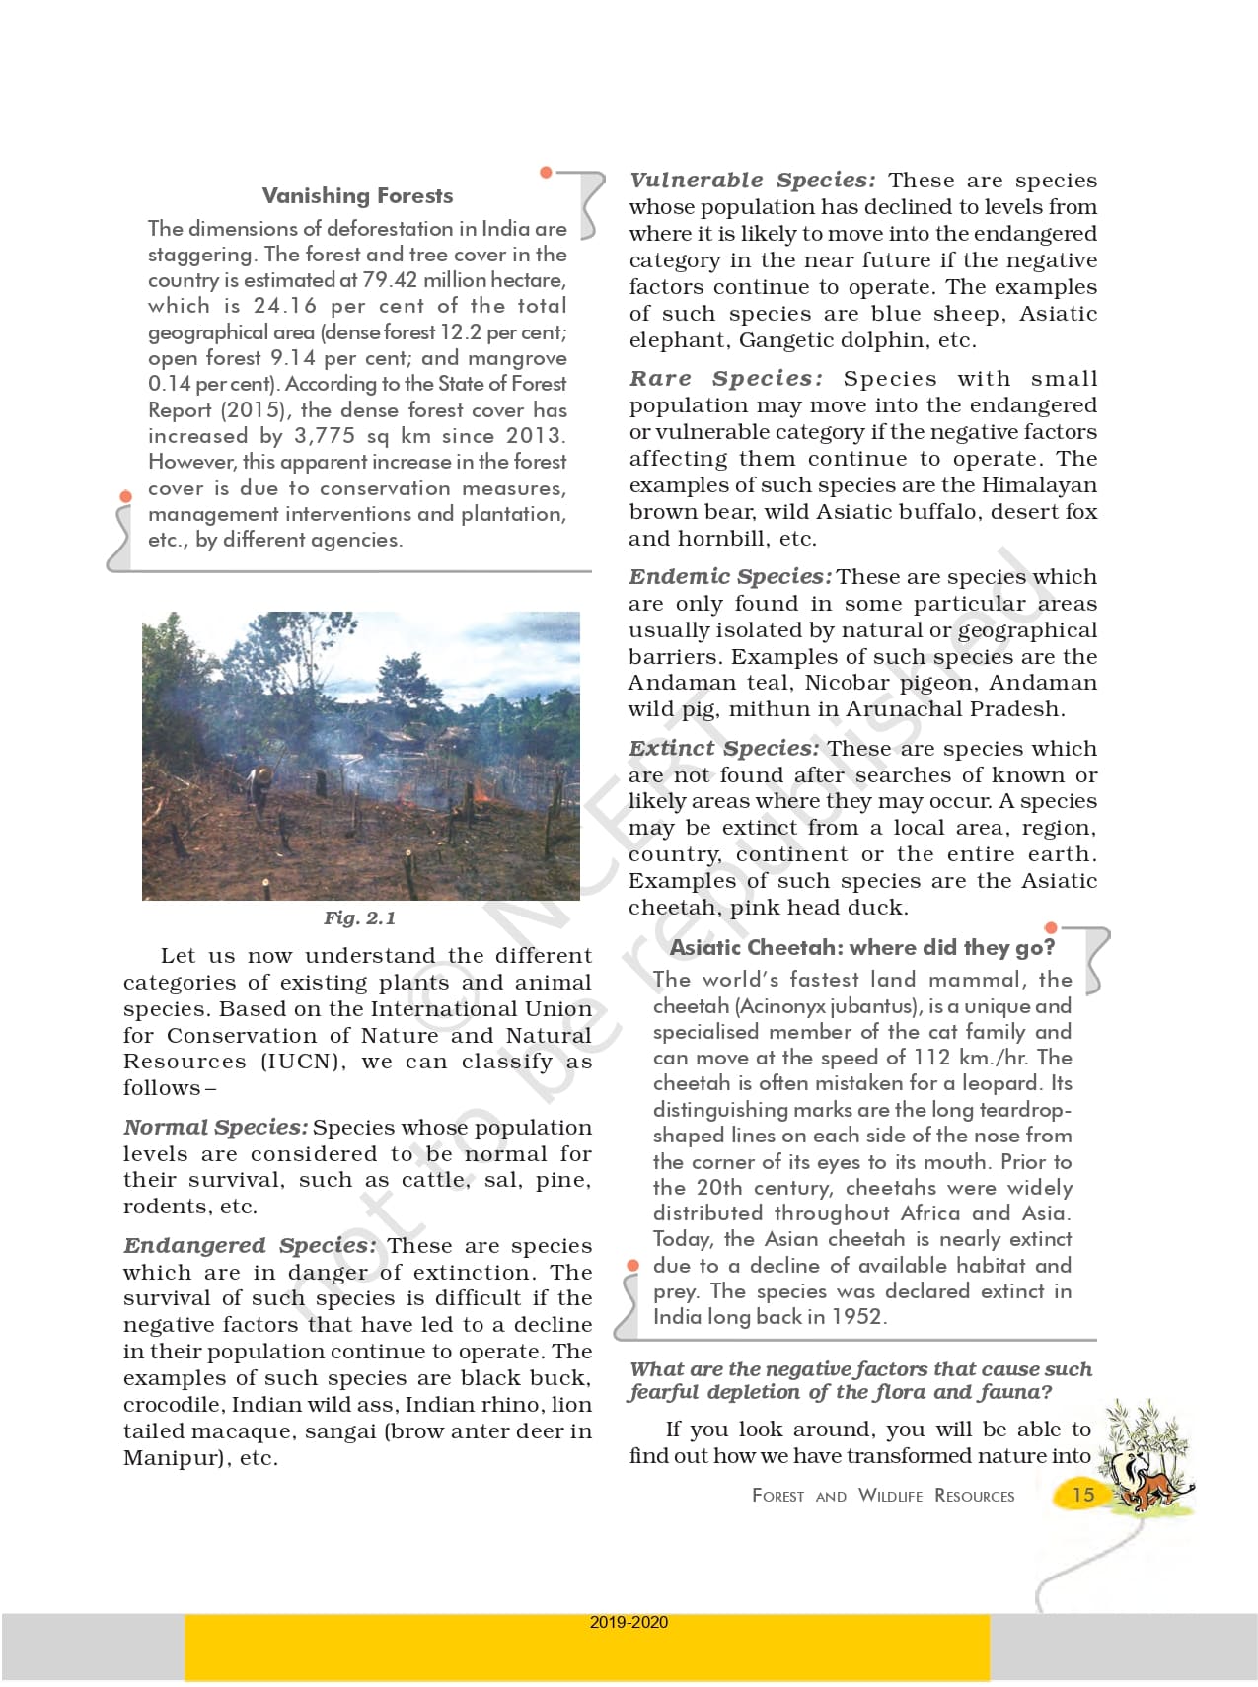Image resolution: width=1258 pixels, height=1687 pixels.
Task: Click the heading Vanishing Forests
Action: coord(357,196)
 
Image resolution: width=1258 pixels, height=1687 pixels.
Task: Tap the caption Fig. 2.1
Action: coord(359,918)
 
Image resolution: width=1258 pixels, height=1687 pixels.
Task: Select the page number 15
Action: coord(1083,1495)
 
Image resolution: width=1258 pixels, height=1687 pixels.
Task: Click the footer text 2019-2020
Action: coord(629,1622)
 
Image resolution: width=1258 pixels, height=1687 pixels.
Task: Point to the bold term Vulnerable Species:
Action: coord(752,181)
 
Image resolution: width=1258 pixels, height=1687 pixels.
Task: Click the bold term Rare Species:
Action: coord(725,379)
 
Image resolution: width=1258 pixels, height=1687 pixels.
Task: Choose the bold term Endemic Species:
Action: coord(730,577)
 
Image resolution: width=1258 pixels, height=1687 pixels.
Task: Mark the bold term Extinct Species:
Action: coord(723,749)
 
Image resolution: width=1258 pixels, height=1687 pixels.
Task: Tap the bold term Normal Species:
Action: coord(215,1128)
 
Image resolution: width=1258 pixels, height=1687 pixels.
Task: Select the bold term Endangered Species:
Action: coord(249,1246)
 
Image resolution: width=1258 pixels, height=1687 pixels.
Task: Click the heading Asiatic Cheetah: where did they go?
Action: coord(862,948)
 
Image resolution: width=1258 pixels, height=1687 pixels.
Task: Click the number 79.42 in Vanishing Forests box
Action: coord(390,280)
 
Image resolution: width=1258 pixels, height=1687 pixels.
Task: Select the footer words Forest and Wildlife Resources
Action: coord(882,1496)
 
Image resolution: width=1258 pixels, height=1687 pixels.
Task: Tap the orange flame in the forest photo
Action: coord(481,792)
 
